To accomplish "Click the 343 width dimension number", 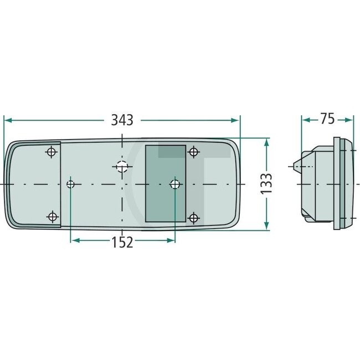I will pyautogui.click(x=122, y=120).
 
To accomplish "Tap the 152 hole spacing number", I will pyautogui.click(x=122, y=241).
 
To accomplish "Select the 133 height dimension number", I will pyautogui.click(x=266, y=183).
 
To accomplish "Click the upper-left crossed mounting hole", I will pyautogui.click(x=52, y=152).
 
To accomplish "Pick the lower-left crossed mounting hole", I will pyautogui.click(x=52, y=217).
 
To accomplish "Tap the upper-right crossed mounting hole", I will pyautogui.click(x=193, y=152).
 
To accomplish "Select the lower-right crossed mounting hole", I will pyautogui.click(x=193, y=217).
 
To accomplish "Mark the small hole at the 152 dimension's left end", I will pyautogui.click(x=71, y=184).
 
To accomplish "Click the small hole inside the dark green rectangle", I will pyautogui.click(x=174, y=184).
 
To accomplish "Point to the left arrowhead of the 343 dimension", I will pyautogui.click(x=7, y=120).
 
